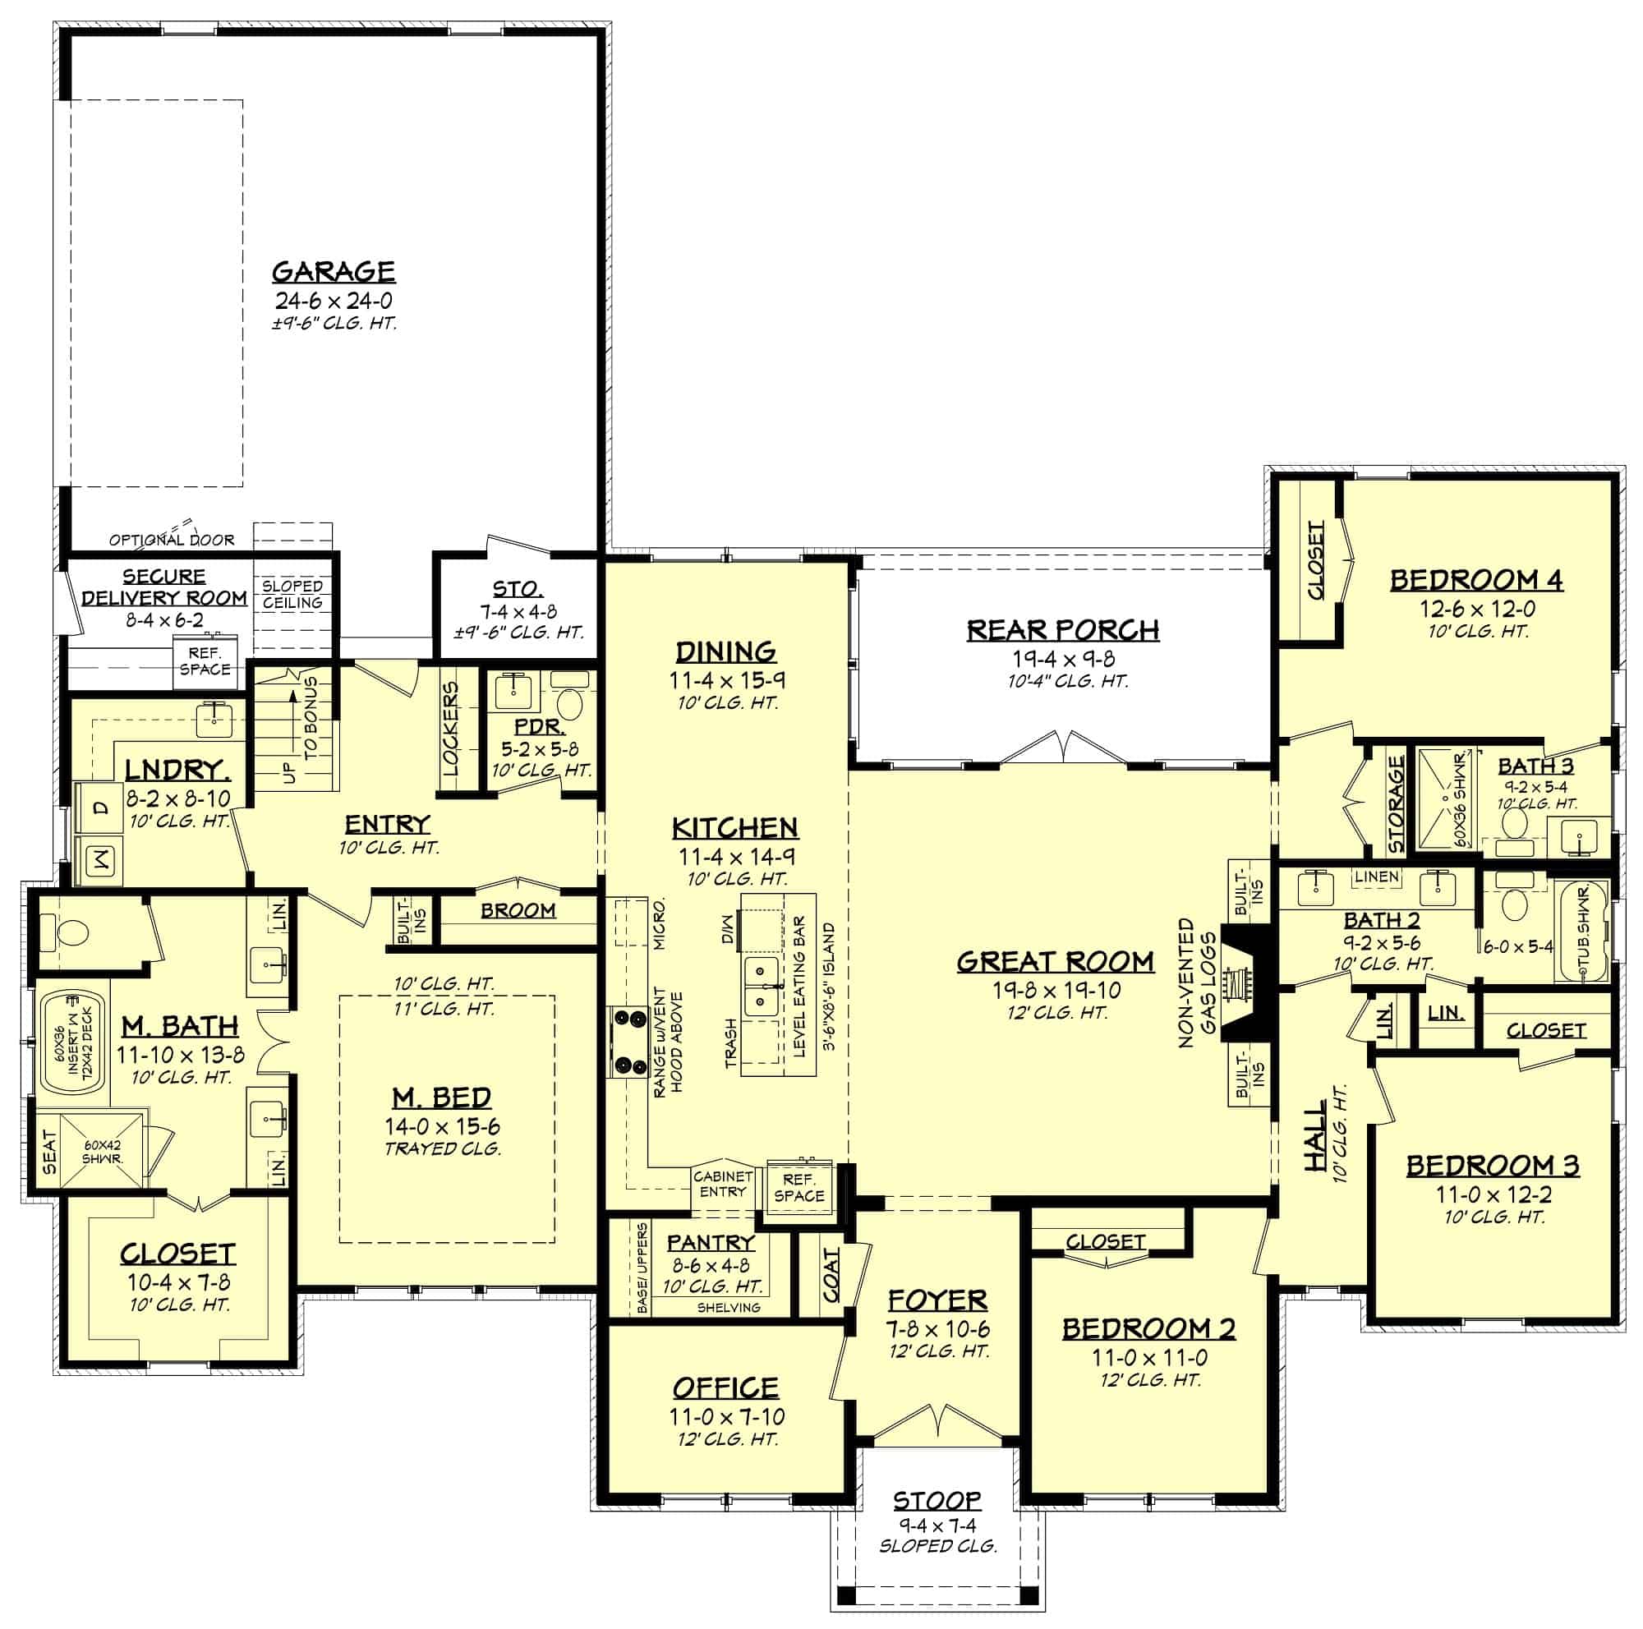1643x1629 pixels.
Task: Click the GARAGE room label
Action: click(x=334, y=271)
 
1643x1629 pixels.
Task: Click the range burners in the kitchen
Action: click(x=628, y=1041)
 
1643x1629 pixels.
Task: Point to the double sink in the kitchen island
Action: click(x=762, y=987)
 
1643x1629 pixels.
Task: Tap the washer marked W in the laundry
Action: click(x=101, y=860)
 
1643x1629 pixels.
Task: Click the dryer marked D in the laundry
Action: click(x=101, y=808)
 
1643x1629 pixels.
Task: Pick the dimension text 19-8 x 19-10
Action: click(x=1056, y=990)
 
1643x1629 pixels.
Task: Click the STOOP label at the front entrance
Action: click(x=937, y=1500)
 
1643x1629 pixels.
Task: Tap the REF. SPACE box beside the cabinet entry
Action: click(x=798, y=1188)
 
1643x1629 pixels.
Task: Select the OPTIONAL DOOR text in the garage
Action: click(x=172, y=540)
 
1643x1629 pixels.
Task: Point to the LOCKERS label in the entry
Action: click(x=450, y=729)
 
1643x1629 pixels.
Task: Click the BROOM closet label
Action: click(x=518, y=909)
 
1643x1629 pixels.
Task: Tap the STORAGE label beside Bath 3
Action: click(x=1396, y=803)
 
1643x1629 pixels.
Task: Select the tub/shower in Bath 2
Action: click(x=1581, y=932)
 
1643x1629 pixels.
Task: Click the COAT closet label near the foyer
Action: click(x=831, y=1274)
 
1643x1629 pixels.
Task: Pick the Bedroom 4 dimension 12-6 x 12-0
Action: click(x=1476, y=609)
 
